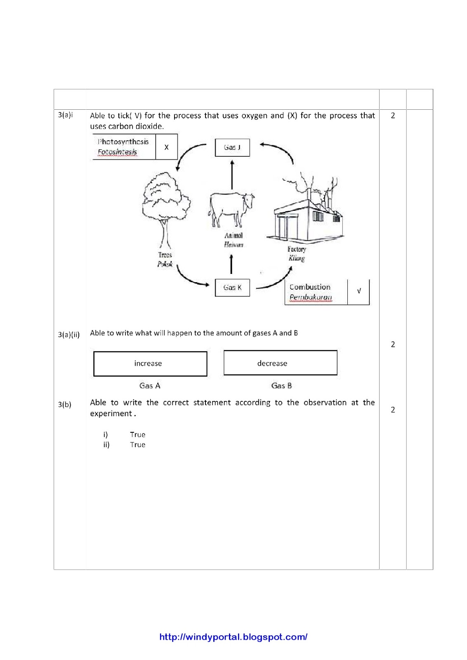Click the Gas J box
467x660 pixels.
point(232,148)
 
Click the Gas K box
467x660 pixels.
point(232,288)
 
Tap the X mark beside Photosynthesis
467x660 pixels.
point(167,147)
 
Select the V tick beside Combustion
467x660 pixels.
point(359,291)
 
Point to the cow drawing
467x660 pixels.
point(231,209)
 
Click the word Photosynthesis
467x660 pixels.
point(123,141)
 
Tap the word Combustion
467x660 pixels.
point(310,287)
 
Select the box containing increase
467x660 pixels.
point(150,363)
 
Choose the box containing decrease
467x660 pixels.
point(280,363)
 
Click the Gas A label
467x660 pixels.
point(150,386)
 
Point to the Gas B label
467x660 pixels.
point(281,386)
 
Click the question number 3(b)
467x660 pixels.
point(65,405)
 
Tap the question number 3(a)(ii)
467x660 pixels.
point(69,335)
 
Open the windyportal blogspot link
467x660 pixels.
point(233,637)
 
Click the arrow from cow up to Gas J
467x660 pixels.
point(232,174)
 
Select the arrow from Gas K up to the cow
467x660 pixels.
point(231,264)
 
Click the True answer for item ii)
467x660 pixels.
point(138,445)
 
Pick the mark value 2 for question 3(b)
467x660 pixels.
point(393,410)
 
